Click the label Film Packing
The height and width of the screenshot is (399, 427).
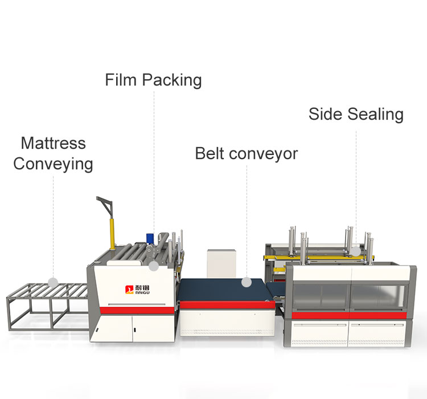click(153, 80)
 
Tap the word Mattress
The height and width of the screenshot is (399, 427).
click(53, 142)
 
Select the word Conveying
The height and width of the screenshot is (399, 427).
click(53, 164)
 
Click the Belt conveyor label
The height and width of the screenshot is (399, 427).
click(246, 153)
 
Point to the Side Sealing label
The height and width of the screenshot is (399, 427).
click(356, 114)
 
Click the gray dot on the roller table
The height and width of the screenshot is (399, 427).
click(53, 282)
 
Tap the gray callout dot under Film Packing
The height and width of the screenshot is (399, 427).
click(153, 266)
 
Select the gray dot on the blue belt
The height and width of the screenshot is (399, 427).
click(246, 282)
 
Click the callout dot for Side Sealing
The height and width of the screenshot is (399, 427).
click(355, 250)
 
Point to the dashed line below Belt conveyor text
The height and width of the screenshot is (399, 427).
click(246, 217)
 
